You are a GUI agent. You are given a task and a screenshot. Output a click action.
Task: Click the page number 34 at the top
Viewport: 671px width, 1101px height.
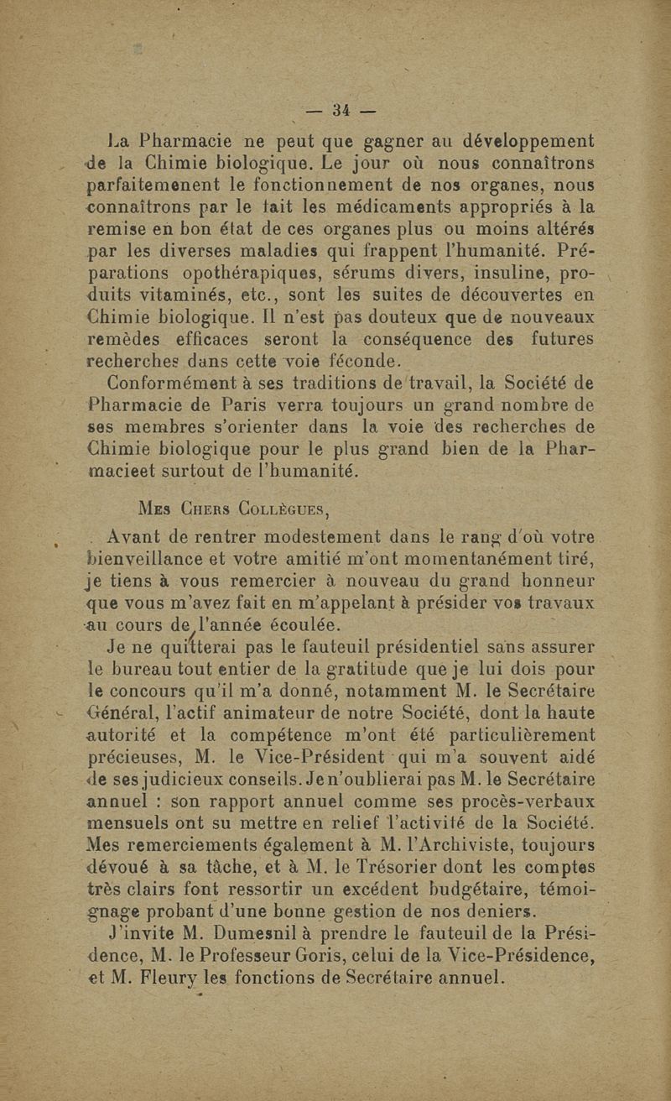341,111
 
